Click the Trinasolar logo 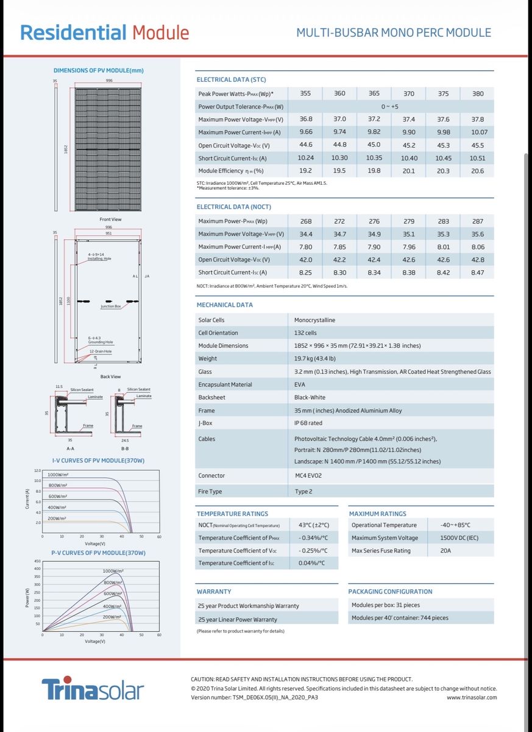click(x=93, y=690)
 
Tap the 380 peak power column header click(x=478, y=93)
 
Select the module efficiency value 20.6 click(x=478, y=171)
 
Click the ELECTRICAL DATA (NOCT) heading click(x=234, y=207)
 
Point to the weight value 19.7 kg click(x=315, y=359)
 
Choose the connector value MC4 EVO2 click(x=308, y=475)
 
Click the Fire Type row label click(x=210, y=491)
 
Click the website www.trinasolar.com click(x=472, y=697)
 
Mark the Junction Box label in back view click(x=110, y=306)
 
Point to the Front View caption click(x=110, y=219)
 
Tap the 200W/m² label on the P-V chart click(x=113, y=617)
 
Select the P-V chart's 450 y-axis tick click(x=37, y=561)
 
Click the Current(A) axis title click(x=27, y=499)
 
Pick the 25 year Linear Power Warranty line click(x=238, y=619)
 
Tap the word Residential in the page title click(x=73, y=32)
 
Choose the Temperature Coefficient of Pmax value click(x=313, y=537)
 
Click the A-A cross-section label click(x=70, y=448)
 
